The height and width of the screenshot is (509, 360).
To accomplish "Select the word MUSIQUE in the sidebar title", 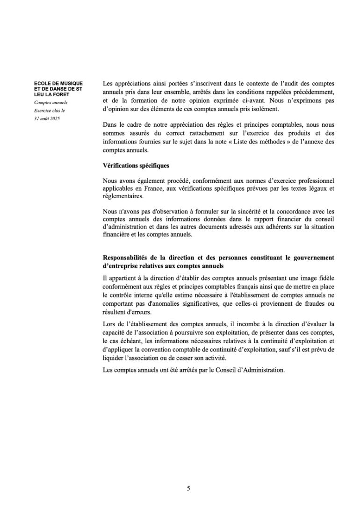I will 71,84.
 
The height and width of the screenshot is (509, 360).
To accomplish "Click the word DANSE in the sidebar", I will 58,89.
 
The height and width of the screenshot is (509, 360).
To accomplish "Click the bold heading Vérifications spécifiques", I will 136,165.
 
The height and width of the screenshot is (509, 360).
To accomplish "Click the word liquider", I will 116,358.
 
